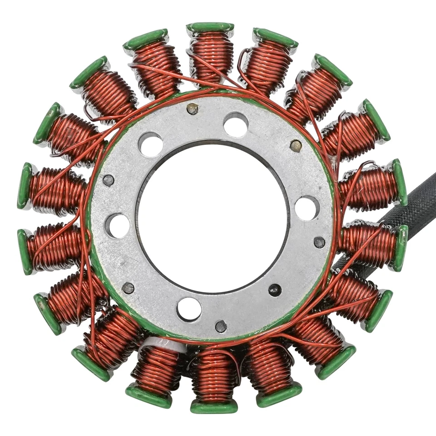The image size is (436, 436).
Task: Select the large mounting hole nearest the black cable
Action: click(x=307, y=208)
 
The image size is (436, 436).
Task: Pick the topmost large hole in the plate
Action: click(x=236, y=124)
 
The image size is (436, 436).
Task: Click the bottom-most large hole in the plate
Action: click(x=189, y=309)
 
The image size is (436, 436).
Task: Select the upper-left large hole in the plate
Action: click(x=151, y=144)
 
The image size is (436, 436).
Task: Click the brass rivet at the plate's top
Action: click(x=193, y=109)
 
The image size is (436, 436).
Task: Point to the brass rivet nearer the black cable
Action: click(x=296, y=146)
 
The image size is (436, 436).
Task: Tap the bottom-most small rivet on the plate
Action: click(x=221, y=326)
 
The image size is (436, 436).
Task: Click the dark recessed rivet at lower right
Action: click(x=275, y=290)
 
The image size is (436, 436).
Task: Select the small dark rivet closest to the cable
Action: click(x=319, y=242)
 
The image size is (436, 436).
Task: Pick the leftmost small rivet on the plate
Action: click(x=108, y=180)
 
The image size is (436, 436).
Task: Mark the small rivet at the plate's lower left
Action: click(x=128, y=287)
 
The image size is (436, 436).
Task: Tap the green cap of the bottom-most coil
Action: click(x=213, y=407)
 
